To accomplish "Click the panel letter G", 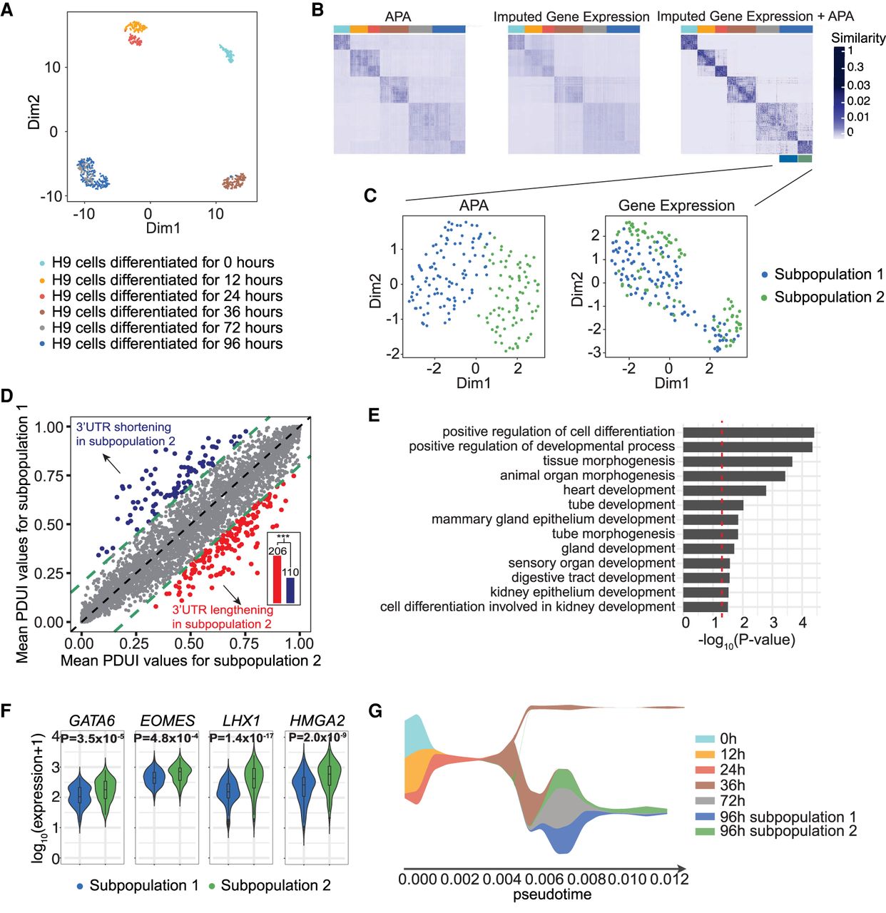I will (375, 710).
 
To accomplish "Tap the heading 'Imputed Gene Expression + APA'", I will (755, 16).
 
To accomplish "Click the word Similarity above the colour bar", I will (858, 38).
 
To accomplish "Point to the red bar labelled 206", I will (277, 579).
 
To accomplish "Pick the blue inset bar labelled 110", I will (290, 591).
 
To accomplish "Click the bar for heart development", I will (724, 490).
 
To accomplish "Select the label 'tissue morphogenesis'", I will (609, 461).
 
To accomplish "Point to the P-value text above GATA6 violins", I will (92, 738).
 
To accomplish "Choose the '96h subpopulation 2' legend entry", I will (788, 831).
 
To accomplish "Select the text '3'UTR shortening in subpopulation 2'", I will (124, 434).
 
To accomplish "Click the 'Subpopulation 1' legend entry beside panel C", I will (828, 275).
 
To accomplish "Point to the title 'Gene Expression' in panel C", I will (676, 205).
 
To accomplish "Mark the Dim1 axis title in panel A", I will (163, 228).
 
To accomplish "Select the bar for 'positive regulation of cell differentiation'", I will (748, 432).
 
